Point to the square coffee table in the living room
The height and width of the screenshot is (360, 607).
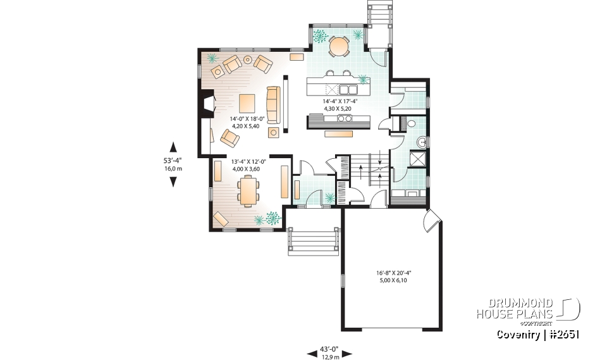tap(247, 102)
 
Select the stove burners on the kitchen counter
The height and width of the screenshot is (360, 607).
tap(345, 118)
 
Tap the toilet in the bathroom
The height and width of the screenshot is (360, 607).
tap(410, 123)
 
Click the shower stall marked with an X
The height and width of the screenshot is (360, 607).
tap(417, 158)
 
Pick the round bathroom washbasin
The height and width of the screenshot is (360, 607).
tap(422, 141)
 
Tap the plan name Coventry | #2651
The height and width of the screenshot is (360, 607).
tap(537, 334)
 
